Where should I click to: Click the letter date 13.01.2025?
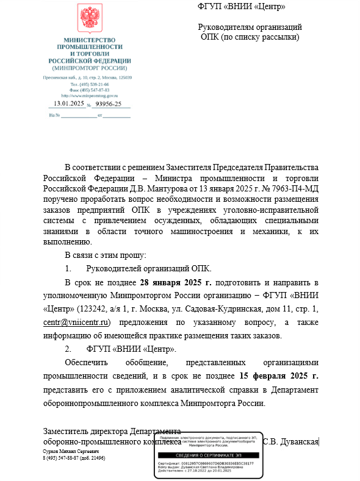(69, 104)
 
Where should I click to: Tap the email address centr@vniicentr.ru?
(76, 322)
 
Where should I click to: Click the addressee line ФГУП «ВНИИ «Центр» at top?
(242, 7)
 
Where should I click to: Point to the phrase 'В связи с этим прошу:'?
(105, 255)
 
